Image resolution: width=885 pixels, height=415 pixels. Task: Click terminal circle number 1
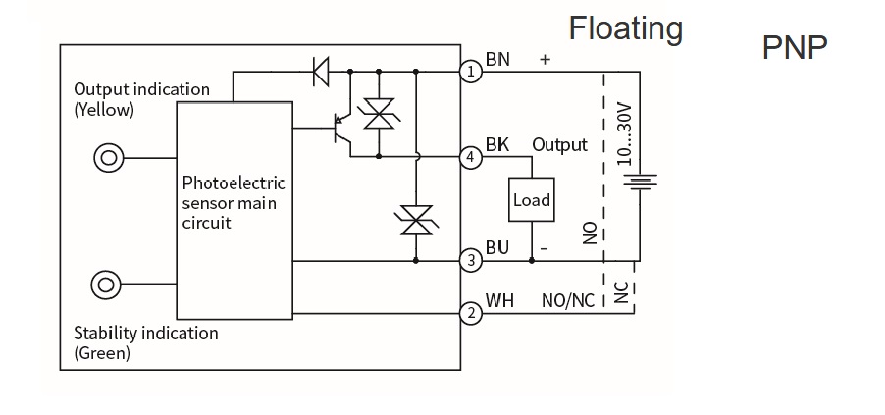point(471,72)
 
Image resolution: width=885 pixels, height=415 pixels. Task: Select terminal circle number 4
point(471,157)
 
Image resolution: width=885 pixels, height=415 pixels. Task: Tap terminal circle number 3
point(471,261)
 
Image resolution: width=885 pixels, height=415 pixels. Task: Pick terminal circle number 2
point(471,313)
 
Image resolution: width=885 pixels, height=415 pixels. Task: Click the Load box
point(532,199)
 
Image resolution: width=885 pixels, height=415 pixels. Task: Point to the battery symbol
point(640,182)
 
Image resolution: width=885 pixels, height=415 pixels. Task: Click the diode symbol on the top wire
point(321,72)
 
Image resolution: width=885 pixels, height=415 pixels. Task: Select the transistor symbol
point(342,129)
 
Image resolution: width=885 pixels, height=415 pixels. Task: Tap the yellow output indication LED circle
point(108,158)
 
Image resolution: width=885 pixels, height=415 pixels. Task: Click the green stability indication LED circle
point(106,285)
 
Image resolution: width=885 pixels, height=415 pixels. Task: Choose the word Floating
point(625,28)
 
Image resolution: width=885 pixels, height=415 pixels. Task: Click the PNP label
point(795,47)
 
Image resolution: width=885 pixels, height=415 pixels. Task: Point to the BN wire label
point(497,59)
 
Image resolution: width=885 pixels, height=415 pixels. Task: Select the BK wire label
point(497,145)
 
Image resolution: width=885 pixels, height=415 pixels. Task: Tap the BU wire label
point(497,247)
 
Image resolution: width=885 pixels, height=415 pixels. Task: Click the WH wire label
point(500,300)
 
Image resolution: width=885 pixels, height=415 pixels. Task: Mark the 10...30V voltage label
point(623,133)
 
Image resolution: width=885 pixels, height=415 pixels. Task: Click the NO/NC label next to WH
point(568,300)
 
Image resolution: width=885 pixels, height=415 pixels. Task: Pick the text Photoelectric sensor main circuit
point(234,202)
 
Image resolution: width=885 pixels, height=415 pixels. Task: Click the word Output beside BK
point(560,145)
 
